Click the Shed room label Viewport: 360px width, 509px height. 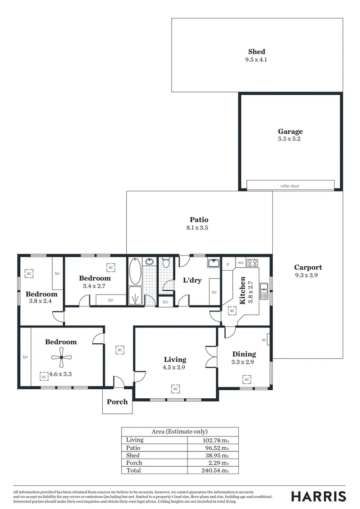click(257, 52)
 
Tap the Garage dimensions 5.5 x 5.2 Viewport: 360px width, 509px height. click(290, 139)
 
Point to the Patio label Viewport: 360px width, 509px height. click(199, 220)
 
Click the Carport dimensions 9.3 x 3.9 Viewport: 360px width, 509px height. click(308, 275)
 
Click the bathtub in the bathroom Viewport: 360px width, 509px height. click(135, 271)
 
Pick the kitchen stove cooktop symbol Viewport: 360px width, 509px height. click(252, 263)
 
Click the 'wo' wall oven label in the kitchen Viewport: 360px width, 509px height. click(240, 263)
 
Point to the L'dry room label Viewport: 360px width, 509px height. click(192, 280)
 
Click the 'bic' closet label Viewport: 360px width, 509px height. click(165, 302)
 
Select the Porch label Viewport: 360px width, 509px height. click(117, 402)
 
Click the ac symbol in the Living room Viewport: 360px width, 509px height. click(175, 389)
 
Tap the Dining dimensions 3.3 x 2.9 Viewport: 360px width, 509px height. click(244, 362)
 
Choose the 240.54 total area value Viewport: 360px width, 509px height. click(215, 470)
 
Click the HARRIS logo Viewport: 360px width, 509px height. click(319, 496)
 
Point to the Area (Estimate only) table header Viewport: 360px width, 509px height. click(180, 431)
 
